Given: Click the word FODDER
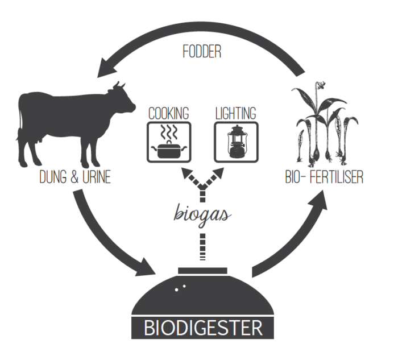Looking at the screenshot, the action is (202, 52).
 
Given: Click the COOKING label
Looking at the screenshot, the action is (169, 113).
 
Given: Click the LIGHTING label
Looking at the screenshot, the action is (236, 113).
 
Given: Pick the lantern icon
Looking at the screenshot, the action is (237, 142).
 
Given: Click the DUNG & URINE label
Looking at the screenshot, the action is (75, 177).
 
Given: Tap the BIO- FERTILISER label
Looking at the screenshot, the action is (325, 177).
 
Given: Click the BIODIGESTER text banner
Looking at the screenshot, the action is (203, 328).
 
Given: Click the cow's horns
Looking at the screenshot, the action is (119, 85).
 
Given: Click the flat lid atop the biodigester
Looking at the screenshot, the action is (202, 271).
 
